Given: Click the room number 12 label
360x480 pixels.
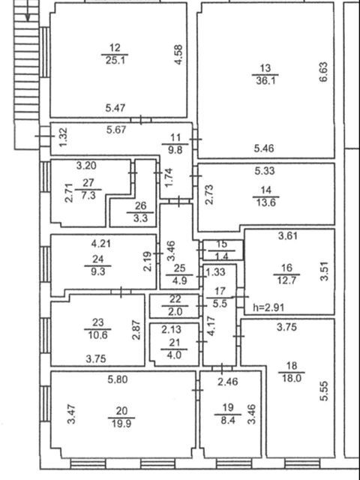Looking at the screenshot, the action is coord(115,48).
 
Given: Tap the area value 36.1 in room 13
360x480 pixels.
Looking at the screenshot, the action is coord(265,81).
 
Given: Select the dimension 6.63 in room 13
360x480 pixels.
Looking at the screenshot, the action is coord(323,72).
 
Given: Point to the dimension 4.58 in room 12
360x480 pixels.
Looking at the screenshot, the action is coord(178,55).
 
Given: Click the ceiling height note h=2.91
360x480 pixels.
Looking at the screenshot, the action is coord(269,307).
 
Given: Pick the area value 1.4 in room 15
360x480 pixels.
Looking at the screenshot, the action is coord(222,256).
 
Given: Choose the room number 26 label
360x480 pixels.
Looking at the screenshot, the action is coord(140,205).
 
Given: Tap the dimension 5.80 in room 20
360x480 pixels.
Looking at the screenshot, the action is coord(118,380).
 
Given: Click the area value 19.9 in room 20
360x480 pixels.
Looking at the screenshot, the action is coord(121,424).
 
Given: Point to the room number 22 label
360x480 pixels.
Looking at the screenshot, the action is coord(175,298).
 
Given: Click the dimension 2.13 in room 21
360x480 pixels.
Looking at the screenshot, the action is coord(172,330).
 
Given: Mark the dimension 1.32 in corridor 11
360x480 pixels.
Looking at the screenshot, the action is coord(63,137).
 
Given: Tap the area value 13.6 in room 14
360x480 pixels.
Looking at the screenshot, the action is coord(265,203).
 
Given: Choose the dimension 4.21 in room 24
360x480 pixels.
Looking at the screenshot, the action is coord(101,244).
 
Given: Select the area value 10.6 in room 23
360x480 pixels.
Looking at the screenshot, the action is coord(97,335).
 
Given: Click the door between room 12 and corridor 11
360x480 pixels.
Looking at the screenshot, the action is coord(141,120).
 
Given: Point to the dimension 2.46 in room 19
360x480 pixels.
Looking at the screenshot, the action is coord(228,382).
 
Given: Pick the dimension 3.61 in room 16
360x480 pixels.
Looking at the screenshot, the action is coord(288,236).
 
